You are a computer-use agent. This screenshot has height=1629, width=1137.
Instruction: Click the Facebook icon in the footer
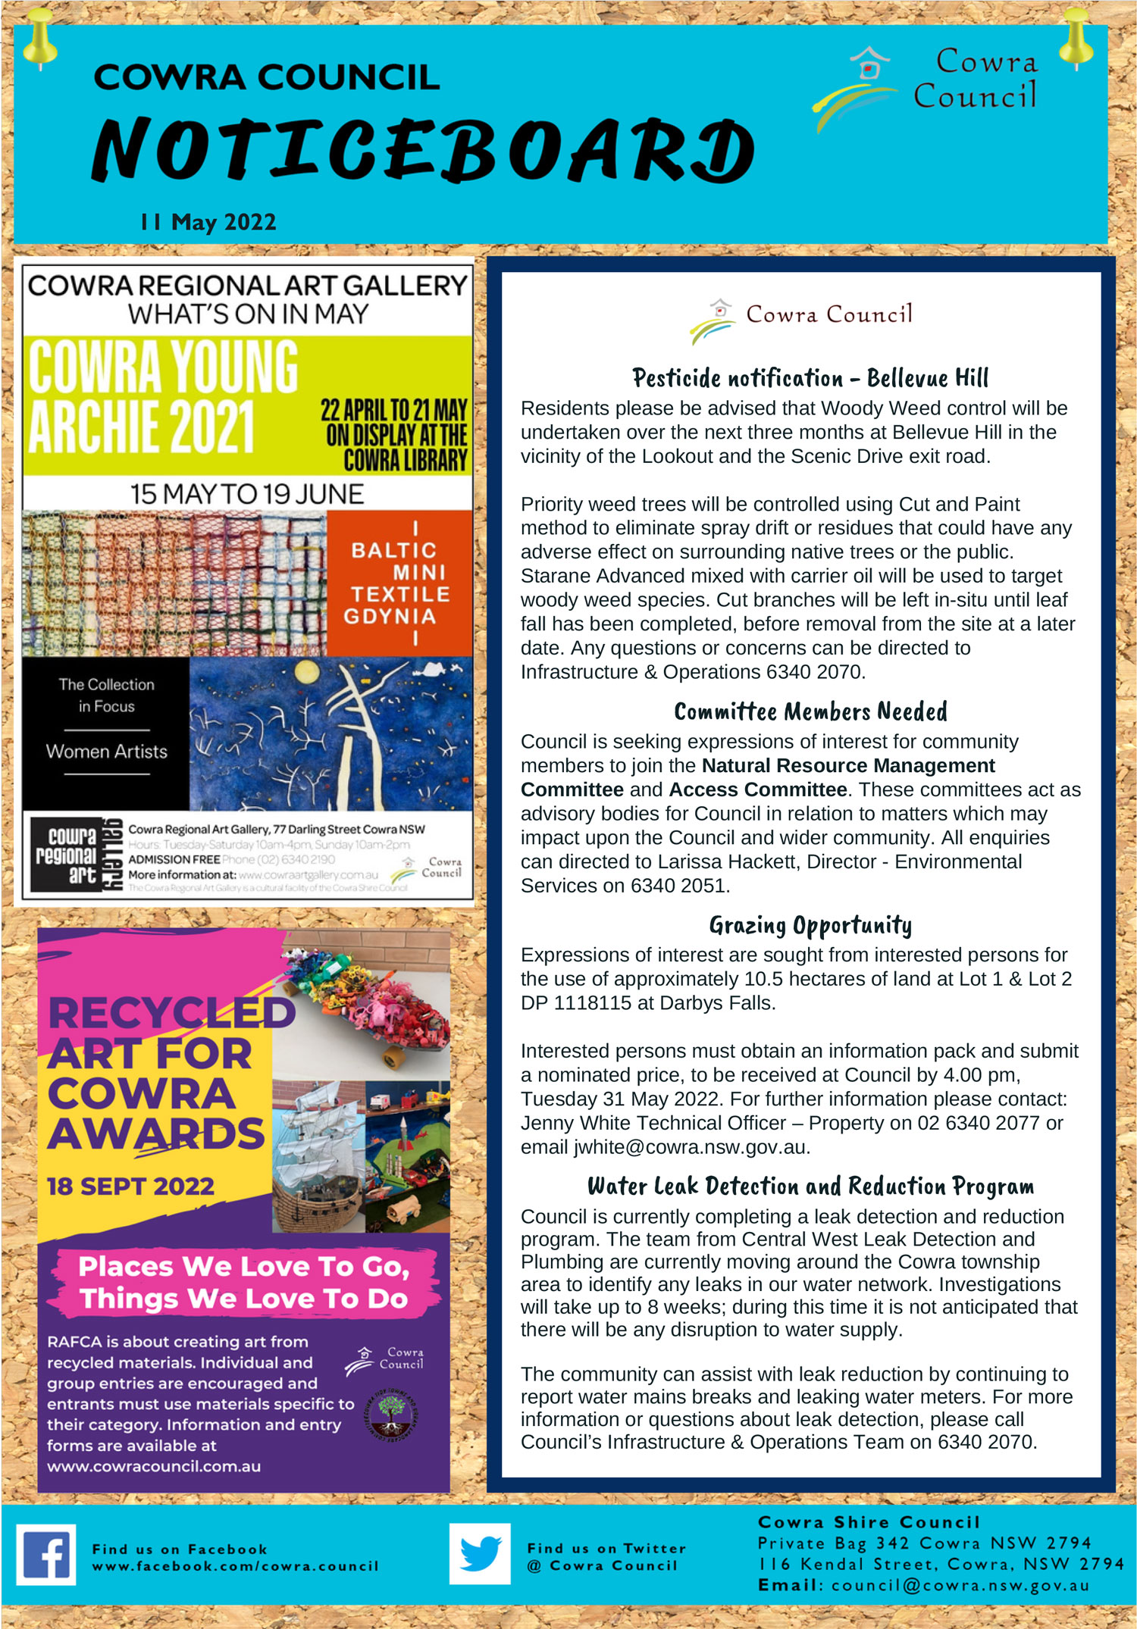pos(46,1555)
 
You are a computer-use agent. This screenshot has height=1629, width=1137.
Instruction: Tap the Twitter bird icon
pos(480,1554)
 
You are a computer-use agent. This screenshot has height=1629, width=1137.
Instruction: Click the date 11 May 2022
pos(208,222)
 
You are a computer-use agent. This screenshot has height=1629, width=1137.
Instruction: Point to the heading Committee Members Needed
pos(810,711)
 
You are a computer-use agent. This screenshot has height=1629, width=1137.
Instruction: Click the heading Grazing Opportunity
pos(810,925)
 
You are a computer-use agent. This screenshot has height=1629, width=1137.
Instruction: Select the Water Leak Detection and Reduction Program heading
pos(810,1186)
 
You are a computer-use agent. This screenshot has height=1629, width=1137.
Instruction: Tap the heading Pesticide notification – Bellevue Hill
pos(810,377)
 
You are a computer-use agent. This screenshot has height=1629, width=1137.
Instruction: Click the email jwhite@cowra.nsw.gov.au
pos(691,1147)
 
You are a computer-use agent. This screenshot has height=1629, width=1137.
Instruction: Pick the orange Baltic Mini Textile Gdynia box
pos(399,583)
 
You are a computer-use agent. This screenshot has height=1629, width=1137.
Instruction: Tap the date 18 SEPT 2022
pos(130,1186)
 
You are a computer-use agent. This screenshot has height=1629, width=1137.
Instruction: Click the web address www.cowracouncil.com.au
pos(154,1466)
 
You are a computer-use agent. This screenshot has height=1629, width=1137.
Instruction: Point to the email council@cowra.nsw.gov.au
pos(960,1585)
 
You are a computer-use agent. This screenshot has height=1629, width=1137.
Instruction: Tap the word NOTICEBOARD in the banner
pos(422,150)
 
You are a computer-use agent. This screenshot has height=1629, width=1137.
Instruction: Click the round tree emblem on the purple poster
pos(391,1413)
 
